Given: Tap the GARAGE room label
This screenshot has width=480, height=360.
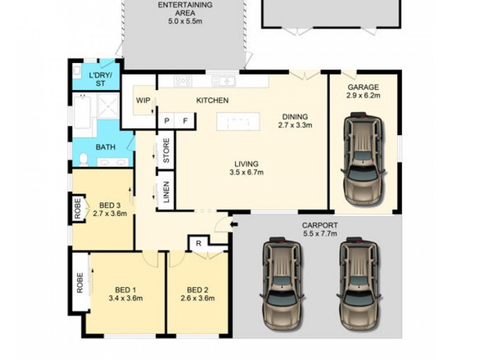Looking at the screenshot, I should pos(363,86).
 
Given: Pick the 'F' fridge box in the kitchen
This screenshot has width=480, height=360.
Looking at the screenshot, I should pos(185,121).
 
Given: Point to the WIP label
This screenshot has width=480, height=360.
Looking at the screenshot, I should pos(143,100).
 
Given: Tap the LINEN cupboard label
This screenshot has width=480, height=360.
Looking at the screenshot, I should pos(166,194).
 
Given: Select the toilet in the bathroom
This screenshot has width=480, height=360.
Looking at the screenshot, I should pos(83,160).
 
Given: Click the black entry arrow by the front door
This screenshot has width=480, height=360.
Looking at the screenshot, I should pos(235,225).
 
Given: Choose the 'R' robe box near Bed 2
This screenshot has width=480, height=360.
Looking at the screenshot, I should pos(197,243).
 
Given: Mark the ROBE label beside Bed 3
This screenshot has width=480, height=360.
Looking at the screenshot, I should pos(78,208).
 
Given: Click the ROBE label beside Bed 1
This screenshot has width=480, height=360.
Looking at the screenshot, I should pos(79,283).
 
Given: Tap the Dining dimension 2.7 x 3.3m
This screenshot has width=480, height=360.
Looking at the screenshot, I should pos(295,125).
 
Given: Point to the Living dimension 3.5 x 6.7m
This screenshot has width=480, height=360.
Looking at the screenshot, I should pos(247,172).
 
